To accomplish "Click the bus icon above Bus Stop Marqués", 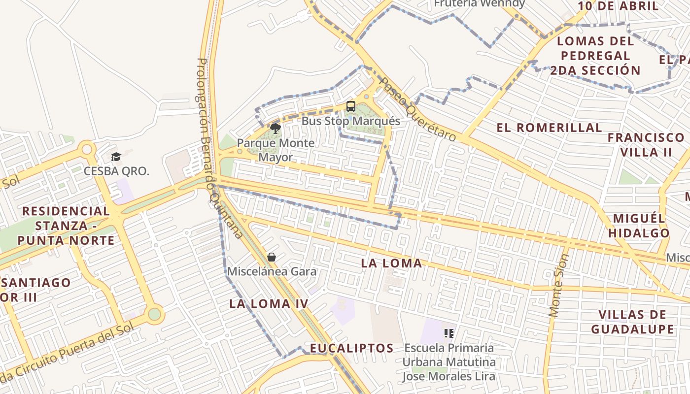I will pyautogui.click(x=350, y=106).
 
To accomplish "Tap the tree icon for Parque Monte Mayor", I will pyautogui.click(x=275, y=129).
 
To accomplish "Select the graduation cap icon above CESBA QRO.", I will pyautogui.click(x=116, y=157).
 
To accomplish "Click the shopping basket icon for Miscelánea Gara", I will pyautogui.click(x=271, y=257).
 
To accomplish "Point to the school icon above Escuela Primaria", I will pyautogui.click(x=448, y=333).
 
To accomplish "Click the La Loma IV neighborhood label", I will pyautogui.click(x=269, y=304).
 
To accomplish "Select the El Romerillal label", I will pyautogui.click(x=549, y=128).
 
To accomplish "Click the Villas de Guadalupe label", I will pyautogui.click(x=632, y=322).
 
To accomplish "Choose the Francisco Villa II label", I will pyautogui.click(x=646, y=144).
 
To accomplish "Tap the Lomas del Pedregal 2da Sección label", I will pyautogui.click(x=595, y=56).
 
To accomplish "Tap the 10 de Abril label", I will pyautogui.click(x=618, y=6).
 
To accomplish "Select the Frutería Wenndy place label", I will pyautogui.click(x=479, y=4).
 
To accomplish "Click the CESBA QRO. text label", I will pyautogui.click(x=116, y=171).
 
